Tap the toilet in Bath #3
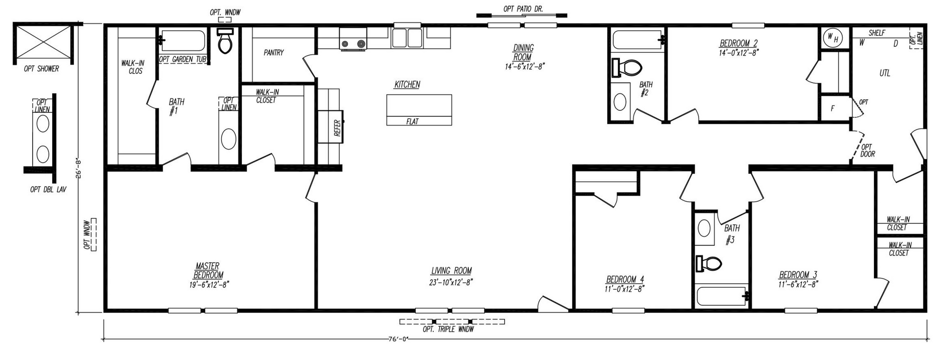pos(709,264)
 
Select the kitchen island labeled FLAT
pos(419,110)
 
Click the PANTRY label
pos(274,52)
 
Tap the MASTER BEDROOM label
pos(208,271)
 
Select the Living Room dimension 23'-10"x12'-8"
pos(451,282)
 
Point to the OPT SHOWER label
pos(42,69)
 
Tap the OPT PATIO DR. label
pos(523,9)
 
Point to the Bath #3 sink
pos(704,228)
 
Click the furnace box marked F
pos(833,108)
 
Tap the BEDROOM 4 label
pos(625,279)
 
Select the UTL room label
pos(885,73)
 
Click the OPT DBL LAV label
pos(48,190)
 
